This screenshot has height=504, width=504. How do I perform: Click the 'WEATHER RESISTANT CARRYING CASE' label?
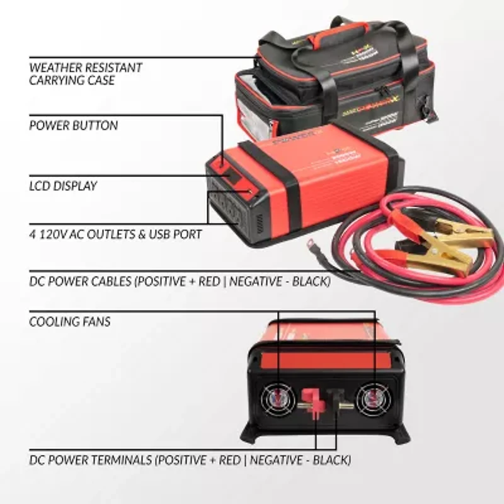tap(86, 74)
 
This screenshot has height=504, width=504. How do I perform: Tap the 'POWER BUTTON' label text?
tap(73, 125)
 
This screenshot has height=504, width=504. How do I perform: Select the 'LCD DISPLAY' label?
tap(63, 186)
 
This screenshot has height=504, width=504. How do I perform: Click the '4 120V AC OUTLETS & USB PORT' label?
tap(115, 234)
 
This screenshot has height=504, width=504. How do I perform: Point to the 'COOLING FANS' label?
tap(69, 322)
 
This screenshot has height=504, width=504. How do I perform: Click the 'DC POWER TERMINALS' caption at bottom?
tap(190, 460)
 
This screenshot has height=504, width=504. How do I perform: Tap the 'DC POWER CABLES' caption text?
tap(180, 282)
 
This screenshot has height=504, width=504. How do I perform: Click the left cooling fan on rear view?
tap(278, 399)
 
